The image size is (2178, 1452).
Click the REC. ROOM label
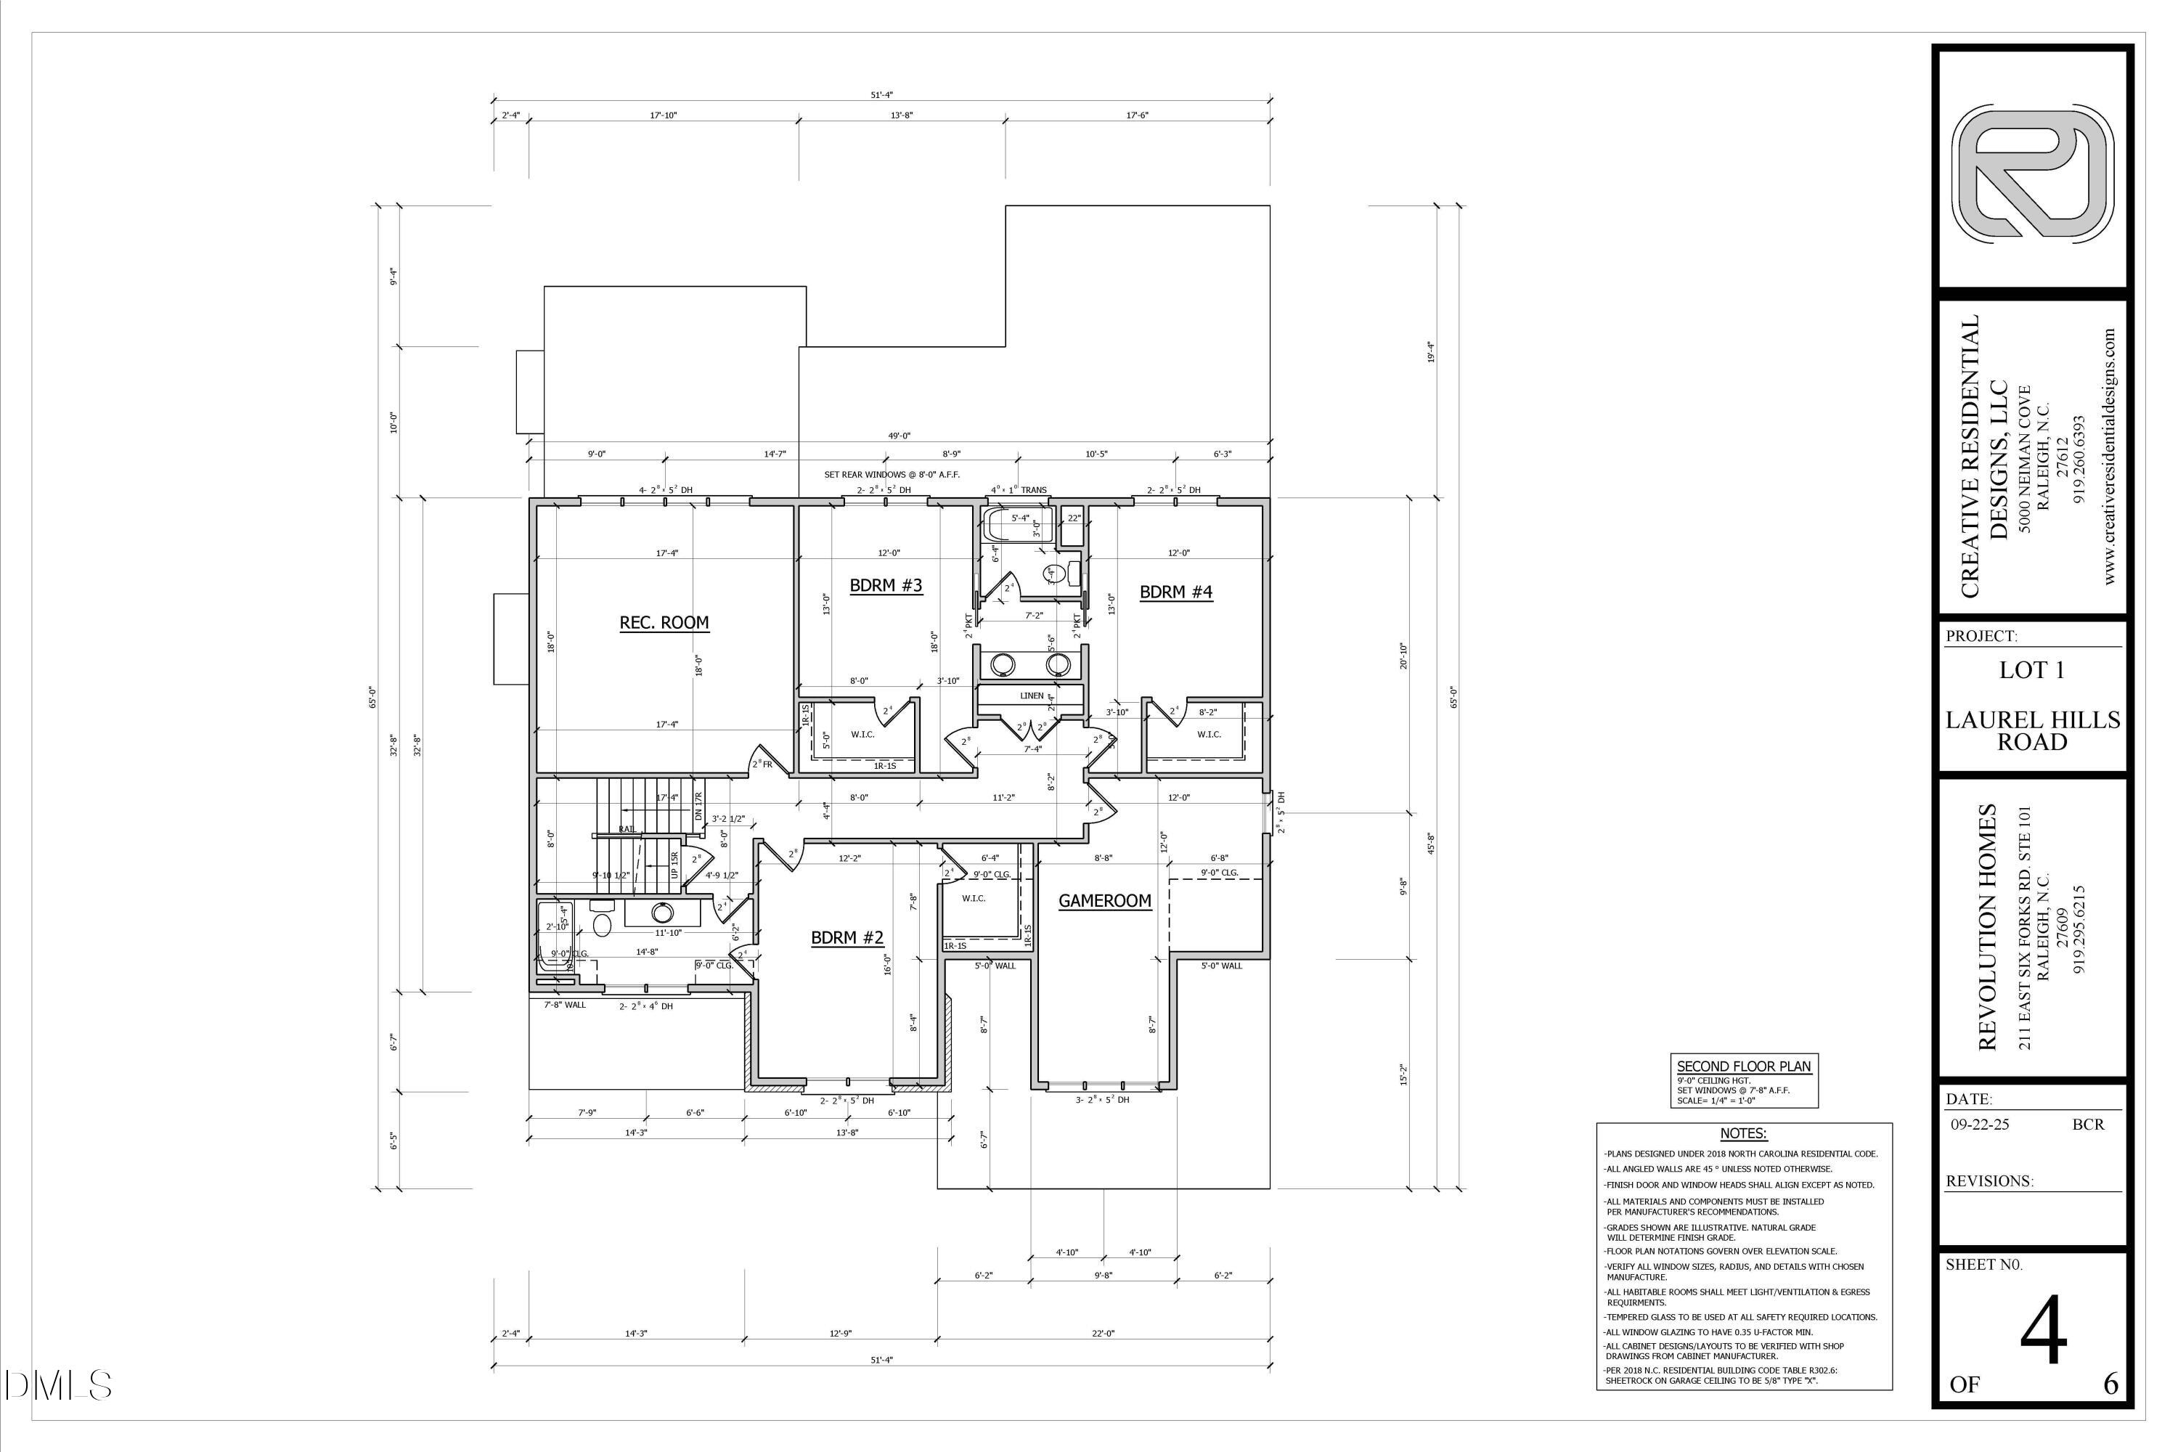pyautogui.click(x=664, y=622)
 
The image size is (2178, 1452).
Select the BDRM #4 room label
pyautogui.click(x=1175, y=592)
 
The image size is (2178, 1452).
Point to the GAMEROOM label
pyautogui.click(x=1105, y=900)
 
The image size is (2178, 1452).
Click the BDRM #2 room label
pyautogui.click(x=847, y=937)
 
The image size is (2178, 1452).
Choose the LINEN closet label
pyautogui.click(x=1032, y=696)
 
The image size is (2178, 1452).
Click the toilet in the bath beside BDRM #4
pyautogui.click(x=1054, y=574)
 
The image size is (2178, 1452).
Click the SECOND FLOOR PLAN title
pyautogui.click(x=1744, y=1066)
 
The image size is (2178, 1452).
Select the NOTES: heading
pyautogui.click(x=1743, y=1133)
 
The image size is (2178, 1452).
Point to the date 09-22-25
pyautogui.click(x=1981, y=1124)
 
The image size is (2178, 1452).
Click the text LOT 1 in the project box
pyautogui.click(x=2031, y=670)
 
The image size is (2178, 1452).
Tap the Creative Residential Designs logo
pyautogui.click(x=2033, y=174)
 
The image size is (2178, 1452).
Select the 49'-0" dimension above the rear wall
pyautogui.click(x=900, y=435)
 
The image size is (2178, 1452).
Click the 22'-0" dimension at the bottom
pyautogui.click(x=1103, y=1334)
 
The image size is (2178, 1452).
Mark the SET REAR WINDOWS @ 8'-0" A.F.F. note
pyautogui.click(x=892, y=474)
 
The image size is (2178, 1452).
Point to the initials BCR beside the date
pyautogui.click(x=2088, y=1124)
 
